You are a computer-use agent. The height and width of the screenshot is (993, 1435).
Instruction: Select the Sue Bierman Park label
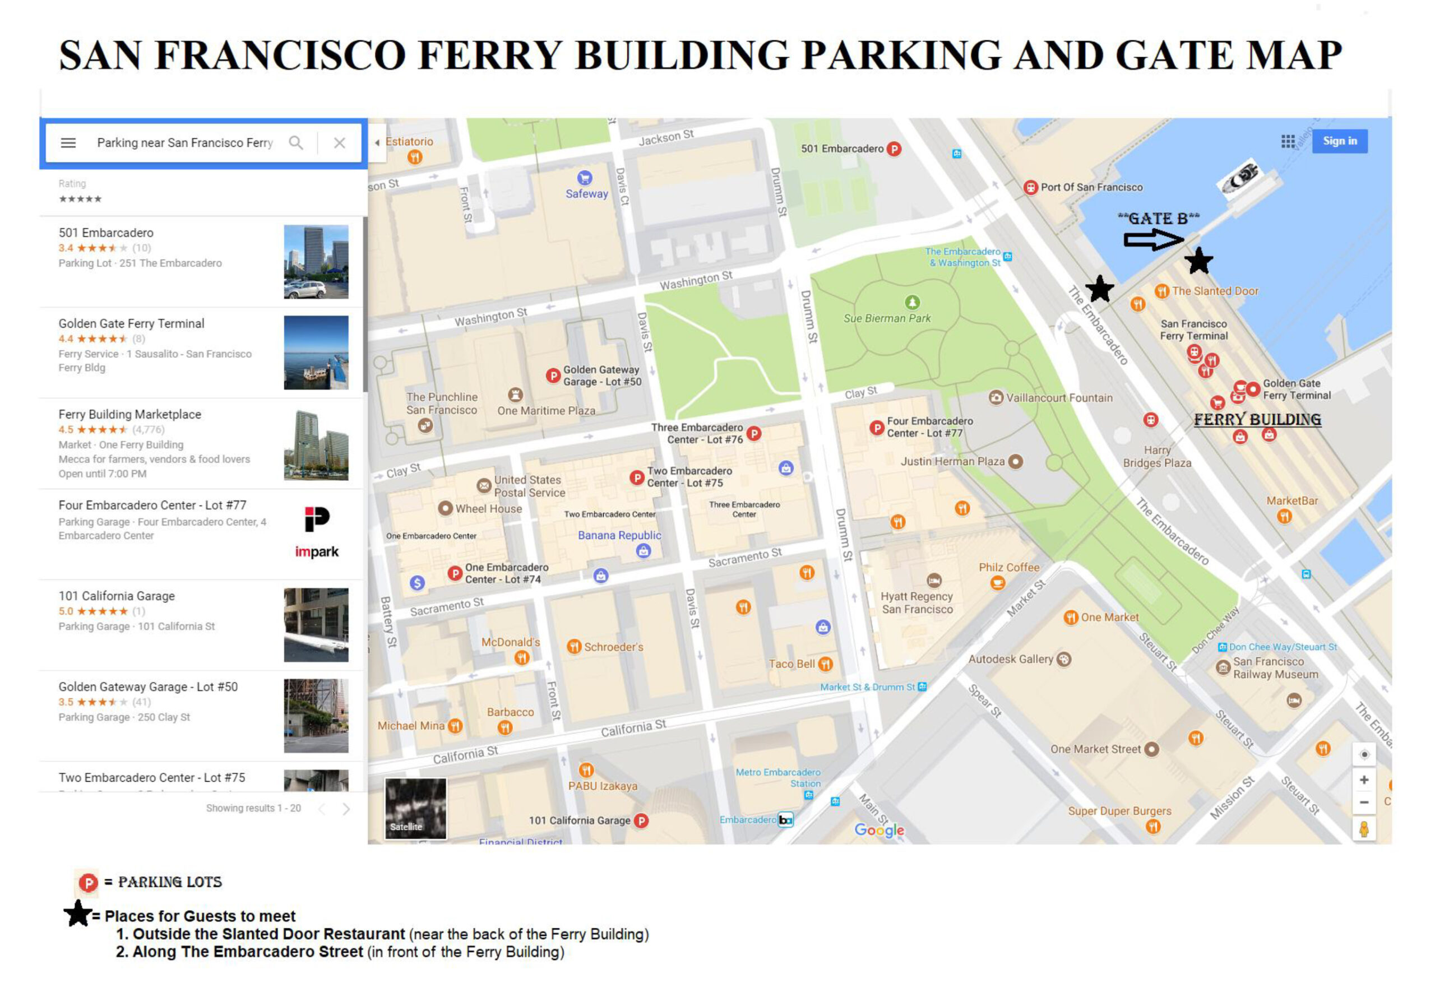pyautogui.click(x=886, y=318)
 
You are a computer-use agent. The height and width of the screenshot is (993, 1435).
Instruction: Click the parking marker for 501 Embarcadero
pyautogui.click(x=894, y=149)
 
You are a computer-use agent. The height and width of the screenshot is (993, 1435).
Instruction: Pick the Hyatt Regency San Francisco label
pyautogui.click(x=916, y=602)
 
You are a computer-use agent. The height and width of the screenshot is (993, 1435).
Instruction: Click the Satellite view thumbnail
pyautogui.click(x=415, y=808)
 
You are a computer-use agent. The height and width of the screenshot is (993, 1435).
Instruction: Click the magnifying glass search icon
pyautogui.click(x=295, y=143)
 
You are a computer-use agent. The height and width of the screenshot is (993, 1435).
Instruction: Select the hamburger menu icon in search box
pyautogui.click(x=68, y=143)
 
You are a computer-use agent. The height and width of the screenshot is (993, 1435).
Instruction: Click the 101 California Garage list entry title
pyautogui.click(x=117, y=596)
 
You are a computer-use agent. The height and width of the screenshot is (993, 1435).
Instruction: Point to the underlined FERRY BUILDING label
pyautogui.click(x=1256, y=419)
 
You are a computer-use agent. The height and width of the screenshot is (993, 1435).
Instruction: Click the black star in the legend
pyautogui.click(x=78, y=913)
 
